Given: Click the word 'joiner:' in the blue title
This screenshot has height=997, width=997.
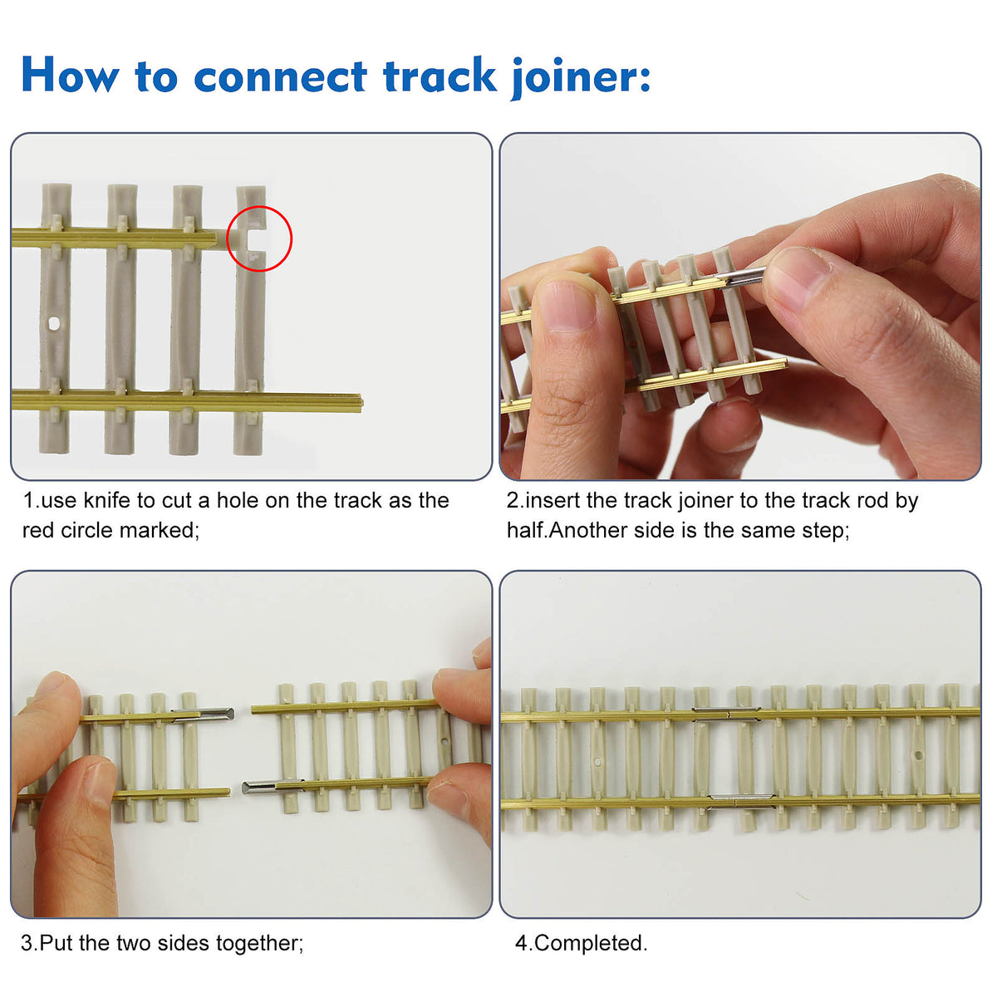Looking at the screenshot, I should click(581, 77).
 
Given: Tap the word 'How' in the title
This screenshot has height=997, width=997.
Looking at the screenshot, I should click(70, 76).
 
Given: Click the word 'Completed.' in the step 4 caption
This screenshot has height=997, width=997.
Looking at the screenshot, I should click(590, 943).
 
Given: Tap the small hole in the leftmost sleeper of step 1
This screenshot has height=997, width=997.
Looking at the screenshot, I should click(53, 323).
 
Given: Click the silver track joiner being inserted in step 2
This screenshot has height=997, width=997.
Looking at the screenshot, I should click(744, 277).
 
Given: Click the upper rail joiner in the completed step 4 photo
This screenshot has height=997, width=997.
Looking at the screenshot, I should click(726, 712).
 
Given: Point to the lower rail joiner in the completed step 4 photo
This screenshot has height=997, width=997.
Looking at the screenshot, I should click(742, 800).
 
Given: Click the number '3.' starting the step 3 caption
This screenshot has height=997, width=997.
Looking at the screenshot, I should click(30, 944).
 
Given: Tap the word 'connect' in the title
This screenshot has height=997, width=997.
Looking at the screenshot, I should click(280, 76).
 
